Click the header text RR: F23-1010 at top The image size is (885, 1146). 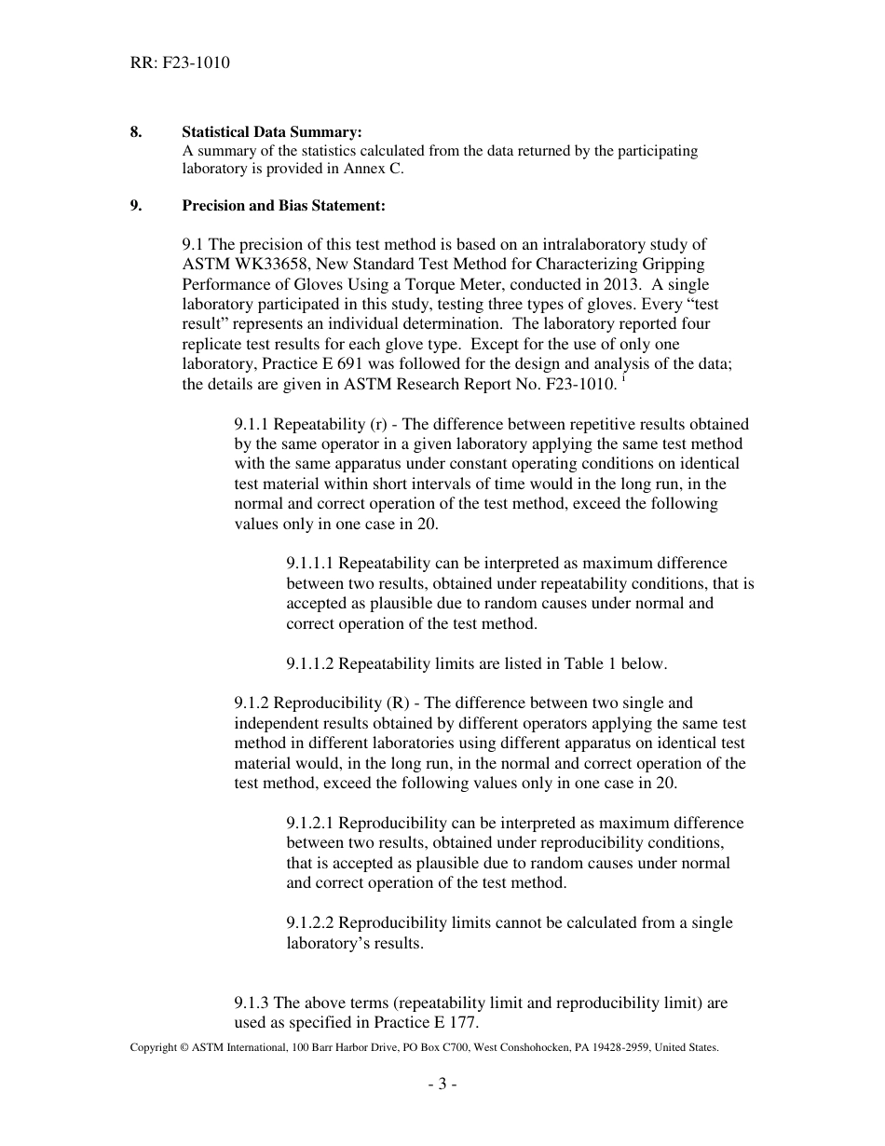click(x=180, y=63)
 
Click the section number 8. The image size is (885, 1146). click(x=136, y=132)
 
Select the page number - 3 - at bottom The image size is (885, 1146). click(x=442, y=1085)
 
